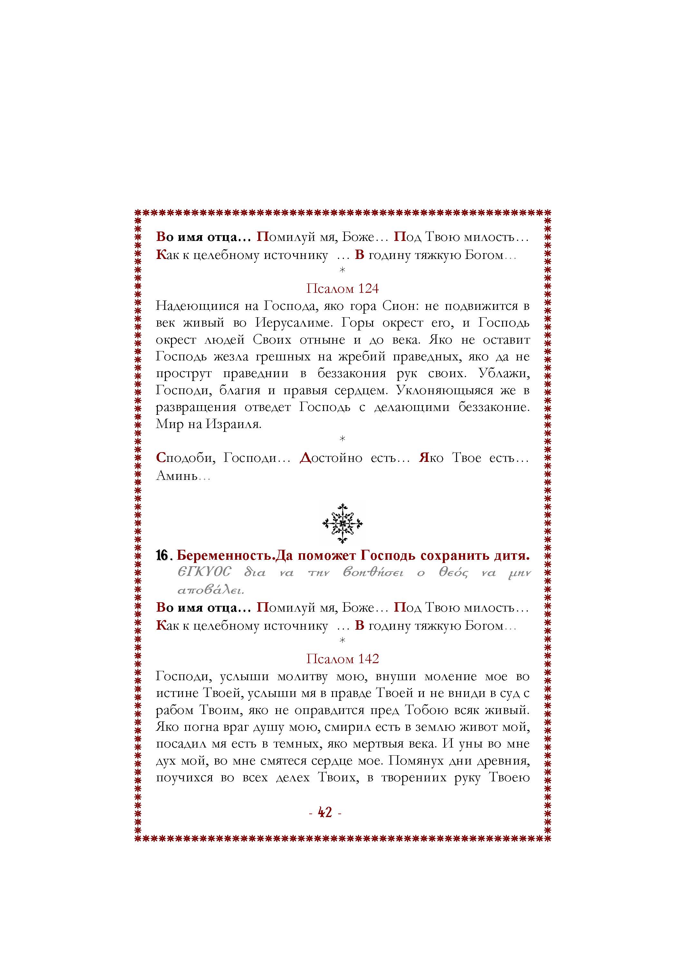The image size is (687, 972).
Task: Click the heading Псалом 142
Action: coord(342,659)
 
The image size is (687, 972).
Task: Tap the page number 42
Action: coord(325,812)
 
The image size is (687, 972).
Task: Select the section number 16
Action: coord(163,556)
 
